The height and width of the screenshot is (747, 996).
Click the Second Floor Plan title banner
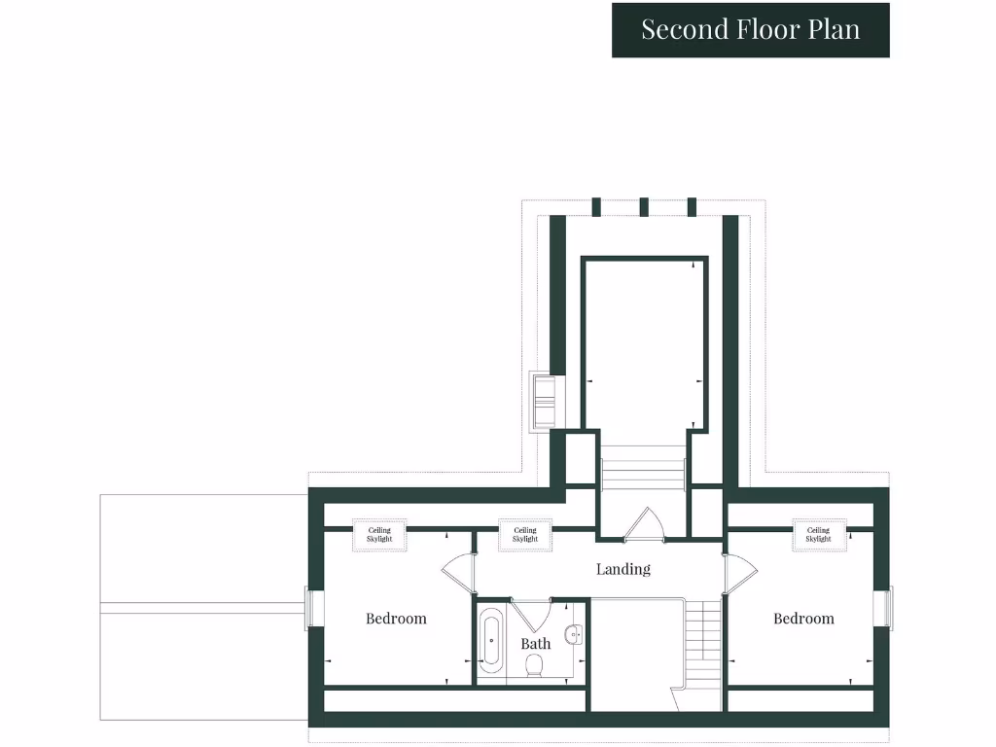click(x=750, y=30)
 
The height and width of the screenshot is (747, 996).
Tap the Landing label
click(x=623, y=569)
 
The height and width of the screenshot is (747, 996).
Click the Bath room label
click(x=535, y=644)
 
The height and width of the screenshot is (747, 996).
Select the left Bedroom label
click(x=396, y=619)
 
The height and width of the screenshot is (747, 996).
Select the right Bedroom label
click(x=803, y=619)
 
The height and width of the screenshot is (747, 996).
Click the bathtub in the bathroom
click(x=491, y=641)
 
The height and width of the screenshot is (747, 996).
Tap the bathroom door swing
click(x=531, y=614)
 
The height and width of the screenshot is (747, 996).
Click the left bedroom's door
click(x=457, y=575)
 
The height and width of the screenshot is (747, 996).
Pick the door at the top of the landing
click(x=642, y=523)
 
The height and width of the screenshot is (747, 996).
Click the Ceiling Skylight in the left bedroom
click(x=379, y=535)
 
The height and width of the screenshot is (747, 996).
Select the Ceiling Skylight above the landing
click(x=525, y=535)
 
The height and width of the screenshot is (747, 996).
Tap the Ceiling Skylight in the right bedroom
click(x=818, y=535)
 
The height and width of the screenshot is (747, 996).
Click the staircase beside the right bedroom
click(x=702, y=642)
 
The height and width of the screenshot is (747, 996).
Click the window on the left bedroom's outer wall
click(x=313, y=608)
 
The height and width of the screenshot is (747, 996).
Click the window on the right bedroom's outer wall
click(x=883, y=608)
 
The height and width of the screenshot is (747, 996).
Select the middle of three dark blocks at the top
click(x=644, y=206)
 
